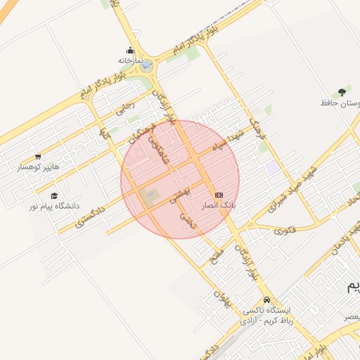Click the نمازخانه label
(x=130, y=60)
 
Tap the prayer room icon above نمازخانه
(x=131, y=50)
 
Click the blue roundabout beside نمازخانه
(x=146, y=67)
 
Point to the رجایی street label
(x=124, y=108)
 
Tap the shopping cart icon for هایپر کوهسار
(x=38, y=157)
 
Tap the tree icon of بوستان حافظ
(x=342, y=92)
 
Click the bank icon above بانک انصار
(x=219, y=194)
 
